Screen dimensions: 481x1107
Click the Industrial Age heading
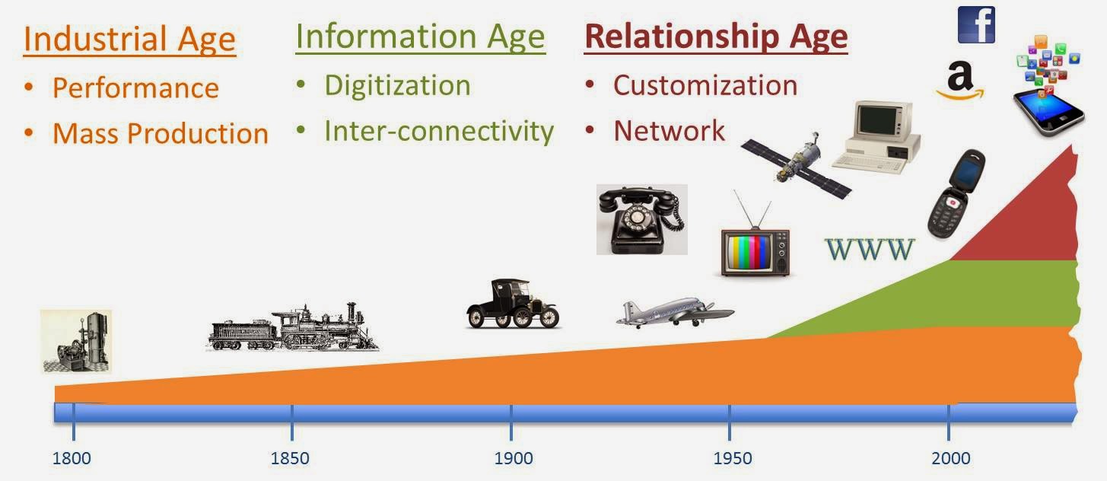[x=129, y=40]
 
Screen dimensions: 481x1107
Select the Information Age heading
[x=420, y=37]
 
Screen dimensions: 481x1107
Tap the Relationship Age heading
[x=715, y=37]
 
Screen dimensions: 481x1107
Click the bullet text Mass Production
[x=160, y=134]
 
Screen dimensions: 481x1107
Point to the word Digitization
[x=397, y=85]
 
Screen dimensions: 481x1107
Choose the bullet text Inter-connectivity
[x=438, y=131]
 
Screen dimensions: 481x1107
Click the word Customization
[x=705, y=85]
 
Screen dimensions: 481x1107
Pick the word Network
[x=669, y=131]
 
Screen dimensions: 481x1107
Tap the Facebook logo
[x=976, y=24]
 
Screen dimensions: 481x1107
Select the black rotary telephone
[x=641, y=219]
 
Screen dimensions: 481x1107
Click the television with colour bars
[x=755, y=247]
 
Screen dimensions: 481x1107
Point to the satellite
[x=796, y=161]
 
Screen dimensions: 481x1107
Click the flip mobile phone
[x=956, y=193]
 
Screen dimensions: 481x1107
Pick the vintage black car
[x=512, y=304]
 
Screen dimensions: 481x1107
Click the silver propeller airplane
[x=673, y=314]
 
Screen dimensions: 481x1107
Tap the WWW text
[x=869, y=250]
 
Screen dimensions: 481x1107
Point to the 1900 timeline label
[x=513, y=458]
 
